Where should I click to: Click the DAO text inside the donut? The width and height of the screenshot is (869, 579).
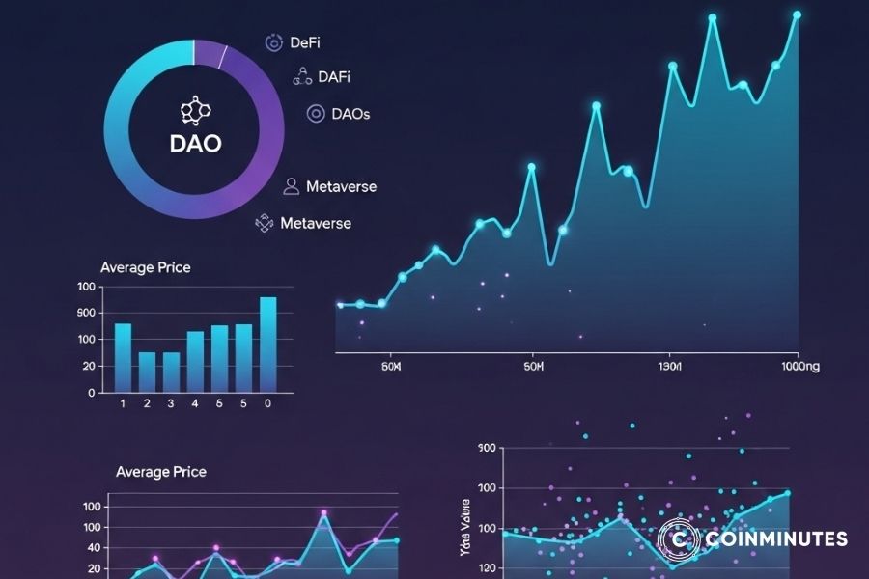pyautogui.click(x=195, y=144)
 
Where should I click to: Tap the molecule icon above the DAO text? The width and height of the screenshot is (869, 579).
pyautogui.click(x=195, y=110)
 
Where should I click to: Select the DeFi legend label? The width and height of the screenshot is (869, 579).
pyautogui.click(x=304, y=42)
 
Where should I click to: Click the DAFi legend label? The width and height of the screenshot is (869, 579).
pyautogui.click(x=334, y=77)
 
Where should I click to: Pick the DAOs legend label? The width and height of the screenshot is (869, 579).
pyautogui.click(x=350, y=114)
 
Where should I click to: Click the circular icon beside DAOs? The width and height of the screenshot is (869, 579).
pyautogui.click(x=315, y=114)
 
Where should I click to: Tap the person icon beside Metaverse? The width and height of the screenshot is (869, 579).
pyautogui.click(x=291, y=186)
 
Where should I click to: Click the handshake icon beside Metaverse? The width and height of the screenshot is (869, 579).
pyautogui.click(x=265, y=223)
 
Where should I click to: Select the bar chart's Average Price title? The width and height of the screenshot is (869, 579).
pyautogui.click(x=146, y=267)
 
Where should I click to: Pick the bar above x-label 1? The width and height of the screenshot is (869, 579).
pyautogui.click(x=123, y=358)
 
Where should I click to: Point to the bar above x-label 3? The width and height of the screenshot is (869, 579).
pyautogui.click(x=171, y=372)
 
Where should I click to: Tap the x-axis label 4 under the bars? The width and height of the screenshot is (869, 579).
pyautogui.click(x=195, y=402)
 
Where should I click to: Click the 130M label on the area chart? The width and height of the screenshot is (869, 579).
pyautogui.click(x=670, y=368)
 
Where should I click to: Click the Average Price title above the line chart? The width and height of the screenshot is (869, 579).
pyautogui.click(x=160, y=472)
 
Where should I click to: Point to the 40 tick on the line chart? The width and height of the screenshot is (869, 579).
pyautogui.click(x=94, y=547)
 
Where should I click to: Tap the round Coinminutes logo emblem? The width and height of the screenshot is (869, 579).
pyautogui.click(x=678, y=538)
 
